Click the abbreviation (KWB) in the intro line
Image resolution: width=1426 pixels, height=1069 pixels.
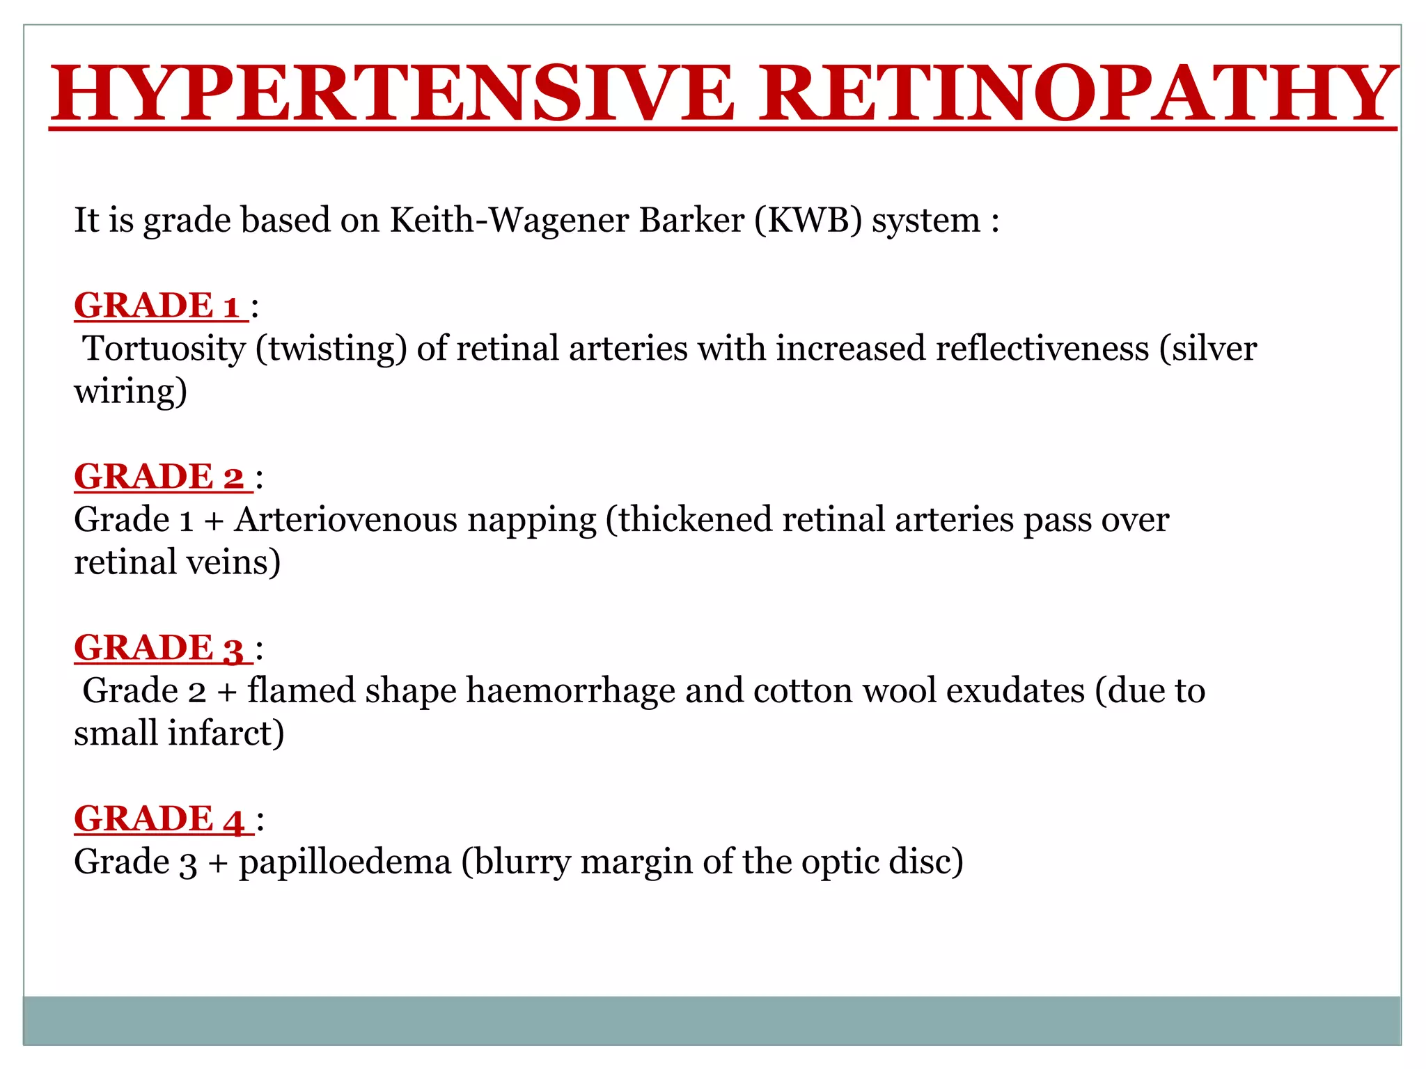(808, 221)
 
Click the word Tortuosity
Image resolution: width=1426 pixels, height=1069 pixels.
(164, 349)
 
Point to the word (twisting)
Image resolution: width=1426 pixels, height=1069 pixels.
(331, 349)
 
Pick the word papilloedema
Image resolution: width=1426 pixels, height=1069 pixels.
(345, 862)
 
